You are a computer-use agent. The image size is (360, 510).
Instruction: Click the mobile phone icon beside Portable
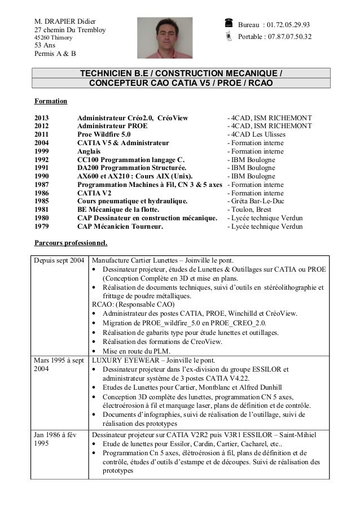(x=228, y=37)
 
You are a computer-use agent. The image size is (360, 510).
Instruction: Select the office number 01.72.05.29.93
(x=288, y=25)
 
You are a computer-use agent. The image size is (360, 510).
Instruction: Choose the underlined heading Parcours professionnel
(x=71, y=243)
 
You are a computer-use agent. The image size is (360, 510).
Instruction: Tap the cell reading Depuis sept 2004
(x=60, y=261)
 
